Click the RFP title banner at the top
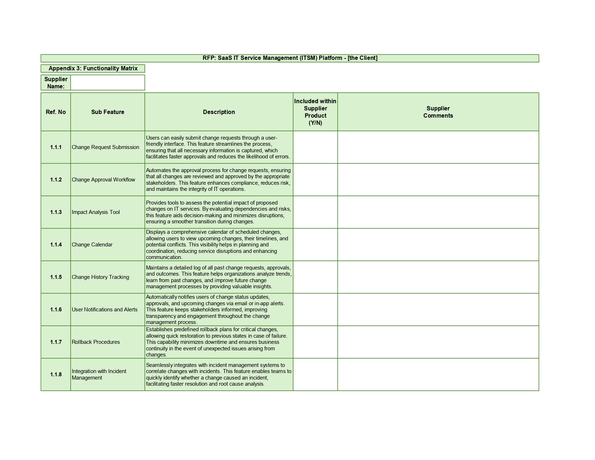pyautogui.click(x=290, y=58)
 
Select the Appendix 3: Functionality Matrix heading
pyautogui.click(x=93, y=69)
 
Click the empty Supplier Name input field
pyautogui.click(x=107, y=83)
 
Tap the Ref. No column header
pyautogui.click(x=56, y=112)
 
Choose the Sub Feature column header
pyautogui.click(x=107, y=112)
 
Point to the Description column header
pyautogui.click(x=219, y=112)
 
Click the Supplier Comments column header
pyautogui.click(x=438, y=112)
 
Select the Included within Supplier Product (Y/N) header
pyautogui.click(x=315, y=112)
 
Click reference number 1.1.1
pyautogui.click(x=56, y=147)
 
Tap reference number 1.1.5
pyautogui.click(x=56, y=277)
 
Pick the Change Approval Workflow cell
pyautogui.click(x=103, y=180)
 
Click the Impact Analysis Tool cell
pyautogui.click(x=96, y=212)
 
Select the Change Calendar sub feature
pyautogui.click(x=92, y=245)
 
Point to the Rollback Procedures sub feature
pyautogui.click(x=96, y=342)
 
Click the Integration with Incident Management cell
pyautogui.click(x=99, y=374)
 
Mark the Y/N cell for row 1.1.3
pyautogui.click(x=315, y=212)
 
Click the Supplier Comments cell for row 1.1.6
pyautogui.click(x=438, y=310)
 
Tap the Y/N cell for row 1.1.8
pyautogui.click(x=315, y=374)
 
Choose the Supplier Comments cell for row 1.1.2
pyautogui.click(x=438, y=180)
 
